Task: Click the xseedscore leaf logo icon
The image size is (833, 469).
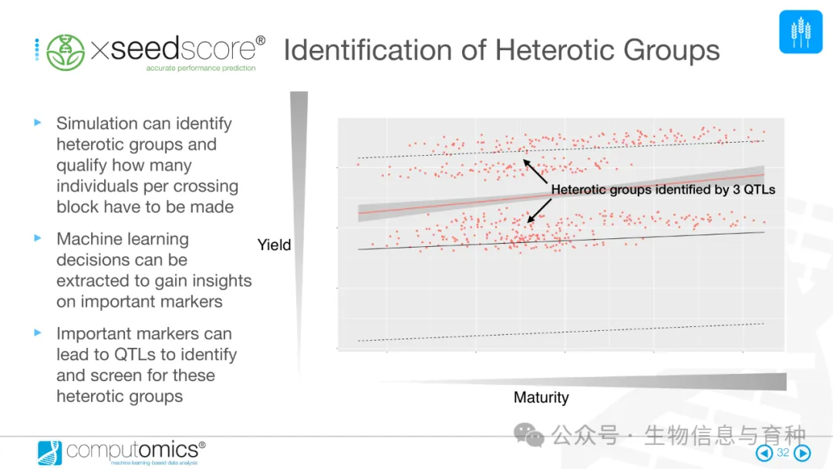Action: point(66,52)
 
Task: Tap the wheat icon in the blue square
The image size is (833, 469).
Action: point(801,32)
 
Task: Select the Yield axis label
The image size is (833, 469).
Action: point(274,245)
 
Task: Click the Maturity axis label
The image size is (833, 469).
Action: point(541,398)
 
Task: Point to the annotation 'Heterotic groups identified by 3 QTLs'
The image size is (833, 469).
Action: point(663,189)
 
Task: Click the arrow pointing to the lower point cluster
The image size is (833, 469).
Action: point(539,210)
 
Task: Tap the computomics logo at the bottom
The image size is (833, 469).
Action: point(121,451)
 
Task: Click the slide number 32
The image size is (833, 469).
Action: point(783,453)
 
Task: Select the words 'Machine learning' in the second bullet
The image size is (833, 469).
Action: point(123,239)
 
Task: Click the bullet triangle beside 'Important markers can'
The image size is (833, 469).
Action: point(37,333)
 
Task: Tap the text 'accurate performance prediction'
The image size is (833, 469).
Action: point(201,69)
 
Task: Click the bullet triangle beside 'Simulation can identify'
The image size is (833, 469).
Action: point(37,123)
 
